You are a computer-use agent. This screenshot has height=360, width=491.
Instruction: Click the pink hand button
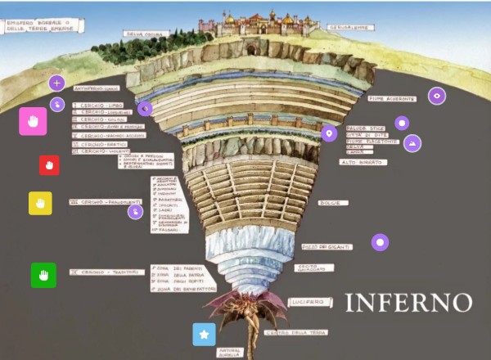coord(33,121)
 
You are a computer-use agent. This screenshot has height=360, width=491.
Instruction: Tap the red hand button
coord(49,165)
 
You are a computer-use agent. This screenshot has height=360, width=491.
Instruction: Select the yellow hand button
coord(40,203)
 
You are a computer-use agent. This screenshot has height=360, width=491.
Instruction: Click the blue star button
coord(204,335)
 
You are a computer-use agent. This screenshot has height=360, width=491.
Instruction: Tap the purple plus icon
coord(56,83)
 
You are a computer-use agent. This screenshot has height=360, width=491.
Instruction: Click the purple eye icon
coord(438,96)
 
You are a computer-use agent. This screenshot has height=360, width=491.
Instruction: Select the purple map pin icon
coord(330,134)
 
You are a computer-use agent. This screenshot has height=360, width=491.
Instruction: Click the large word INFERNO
coord(408,303)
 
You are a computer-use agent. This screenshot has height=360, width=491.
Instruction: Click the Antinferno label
coord(97,88)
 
